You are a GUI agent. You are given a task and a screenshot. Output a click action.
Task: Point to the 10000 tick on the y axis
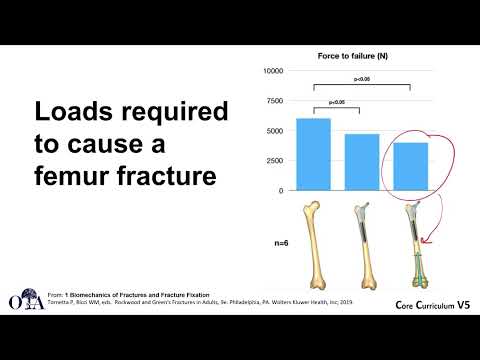coord(273,71)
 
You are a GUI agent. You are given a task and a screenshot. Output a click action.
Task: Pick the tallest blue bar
coord(315,154)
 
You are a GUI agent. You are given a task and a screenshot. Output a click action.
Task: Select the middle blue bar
coord(361,162)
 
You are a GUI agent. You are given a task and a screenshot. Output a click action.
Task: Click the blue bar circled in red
coord(409,166)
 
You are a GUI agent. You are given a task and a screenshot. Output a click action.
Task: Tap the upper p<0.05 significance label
coord(361,78)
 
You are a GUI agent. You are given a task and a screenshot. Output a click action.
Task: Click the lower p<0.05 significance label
coord(338,101)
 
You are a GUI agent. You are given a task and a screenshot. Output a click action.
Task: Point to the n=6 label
coord(286,241)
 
